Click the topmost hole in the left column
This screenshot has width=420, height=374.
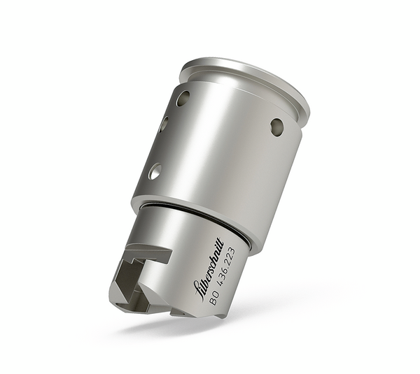click(183, 98)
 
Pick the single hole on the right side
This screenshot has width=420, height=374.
click(277, 127)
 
